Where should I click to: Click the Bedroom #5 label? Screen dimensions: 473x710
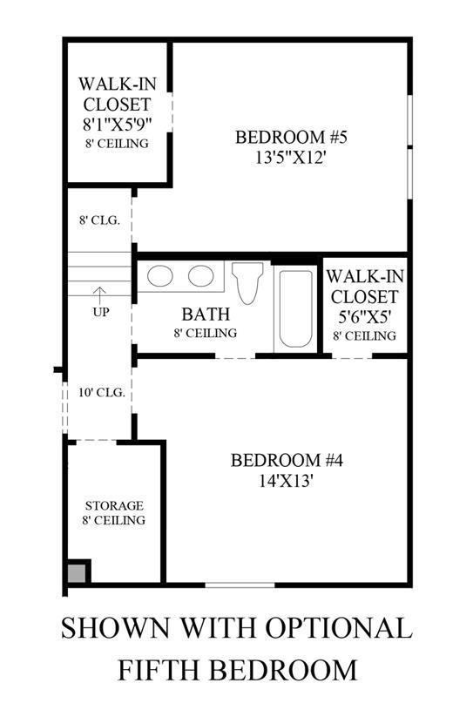[x=291, y=137]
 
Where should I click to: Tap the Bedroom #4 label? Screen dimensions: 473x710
[x=287, y=461]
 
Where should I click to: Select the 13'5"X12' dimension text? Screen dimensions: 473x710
[x=291, y=158]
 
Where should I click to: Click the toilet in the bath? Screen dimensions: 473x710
[x=247, y=282]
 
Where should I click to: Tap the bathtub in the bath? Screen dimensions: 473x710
[x=295, y=308]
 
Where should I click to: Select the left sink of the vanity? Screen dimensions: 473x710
[x=160, y=276]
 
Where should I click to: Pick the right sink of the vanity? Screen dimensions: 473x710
[x=201, y=276]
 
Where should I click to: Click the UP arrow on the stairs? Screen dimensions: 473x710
[x=99, y=294]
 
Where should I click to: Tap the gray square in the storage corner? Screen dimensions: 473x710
[x=77, y=573]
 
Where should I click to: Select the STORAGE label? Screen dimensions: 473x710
[x=114, y=506]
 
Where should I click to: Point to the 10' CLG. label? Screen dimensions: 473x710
[x=101, y=393]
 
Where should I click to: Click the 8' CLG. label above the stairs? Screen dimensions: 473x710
[x=99, y=220]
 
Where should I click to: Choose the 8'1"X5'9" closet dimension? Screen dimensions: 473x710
[x=117, y=124]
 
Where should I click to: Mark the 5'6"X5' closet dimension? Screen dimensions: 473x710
[x=364, y=317]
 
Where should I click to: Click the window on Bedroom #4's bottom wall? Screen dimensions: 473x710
[x=240, y=585]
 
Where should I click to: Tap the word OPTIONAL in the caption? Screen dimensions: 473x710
[x=339, y=628]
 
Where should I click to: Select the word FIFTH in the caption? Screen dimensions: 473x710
[x=162, y=670]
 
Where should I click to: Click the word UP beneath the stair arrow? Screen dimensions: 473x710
[x=100, y=313]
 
